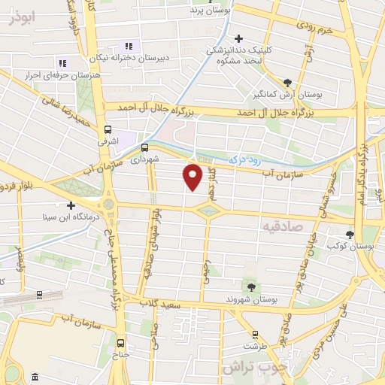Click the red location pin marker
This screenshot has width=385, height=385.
(193, 176)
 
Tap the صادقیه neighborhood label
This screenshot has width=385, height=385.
(281, 224)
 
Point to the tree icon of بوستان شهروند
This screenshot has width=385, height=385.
(250, 286)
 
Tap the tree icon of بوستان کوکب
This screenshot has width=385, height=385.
(349, 235)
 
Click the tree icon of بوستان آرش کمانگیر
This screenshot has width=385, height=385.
(288, 83)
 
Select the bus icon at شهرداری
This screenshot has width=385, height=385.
(144, 147)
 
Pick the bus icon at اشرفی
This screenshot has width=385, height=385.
(108, 129)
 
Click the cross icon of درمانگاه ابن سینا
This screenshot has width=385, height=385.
(71, 205)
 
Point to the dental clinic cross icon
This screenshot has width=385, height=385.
(239, 38)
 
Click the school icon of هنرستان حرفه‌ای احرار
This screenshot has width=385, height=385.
(62, 62)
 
